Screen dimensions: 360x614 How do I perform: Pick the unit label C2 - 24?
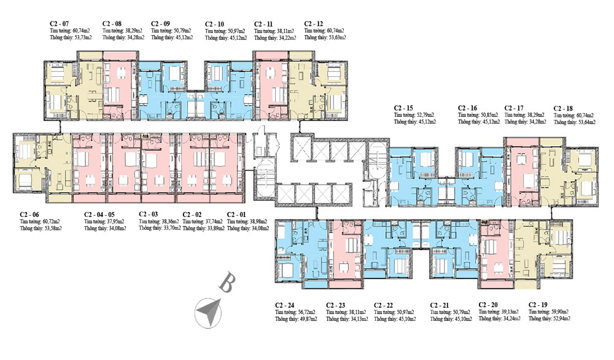[287, 305]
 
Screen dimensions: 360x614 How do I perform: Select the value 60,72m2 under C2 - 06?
[51, 221]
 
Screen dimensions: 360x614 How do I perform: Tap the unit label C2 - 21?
[441, 305]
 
